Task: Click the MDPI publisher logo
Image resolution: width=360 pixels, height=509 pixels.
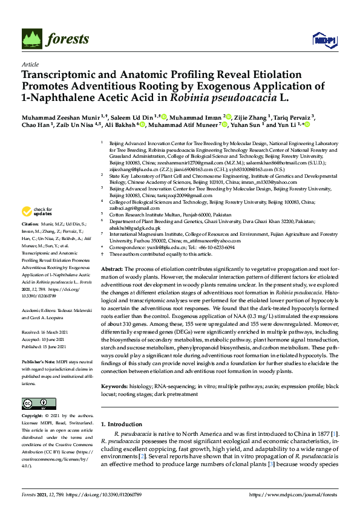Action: pyautogui.click(x=324, y=40)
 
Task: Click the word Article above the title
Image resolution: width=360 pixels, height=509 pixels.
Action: pyautogui.click(x=30, y=64)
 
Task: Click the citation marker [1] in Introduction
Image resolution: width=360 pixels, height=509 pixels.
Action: pyautogui.click(x=335, y=434)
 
